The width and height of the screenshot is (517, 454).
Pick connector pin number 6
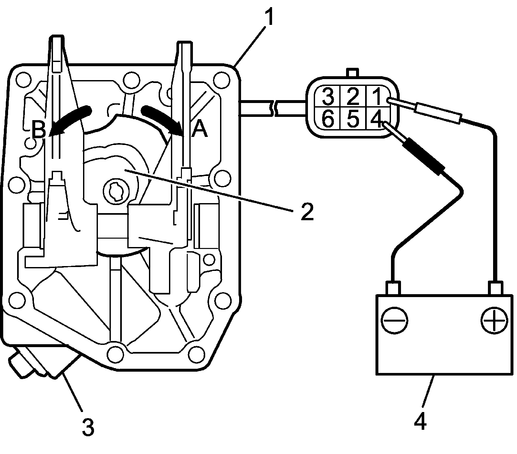click(327, 119)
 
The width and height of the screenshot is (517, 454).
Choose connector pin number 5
click(353, 119)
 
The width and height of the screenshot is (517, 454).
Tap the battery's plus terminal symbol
click(494, 321)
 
